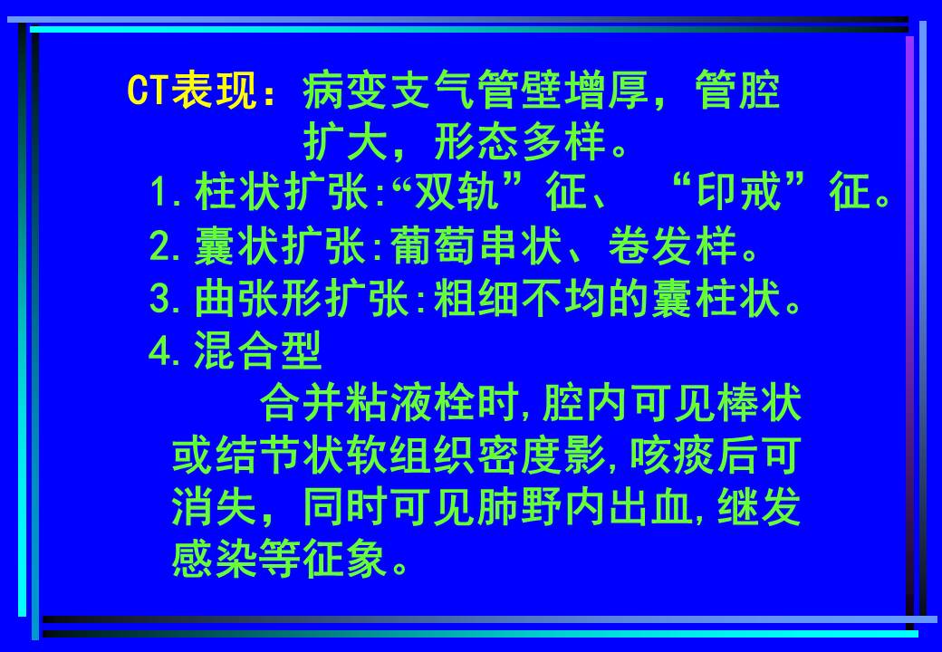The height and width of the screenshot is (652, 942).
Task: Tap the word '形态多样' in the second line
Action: [x=520, y=142]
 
